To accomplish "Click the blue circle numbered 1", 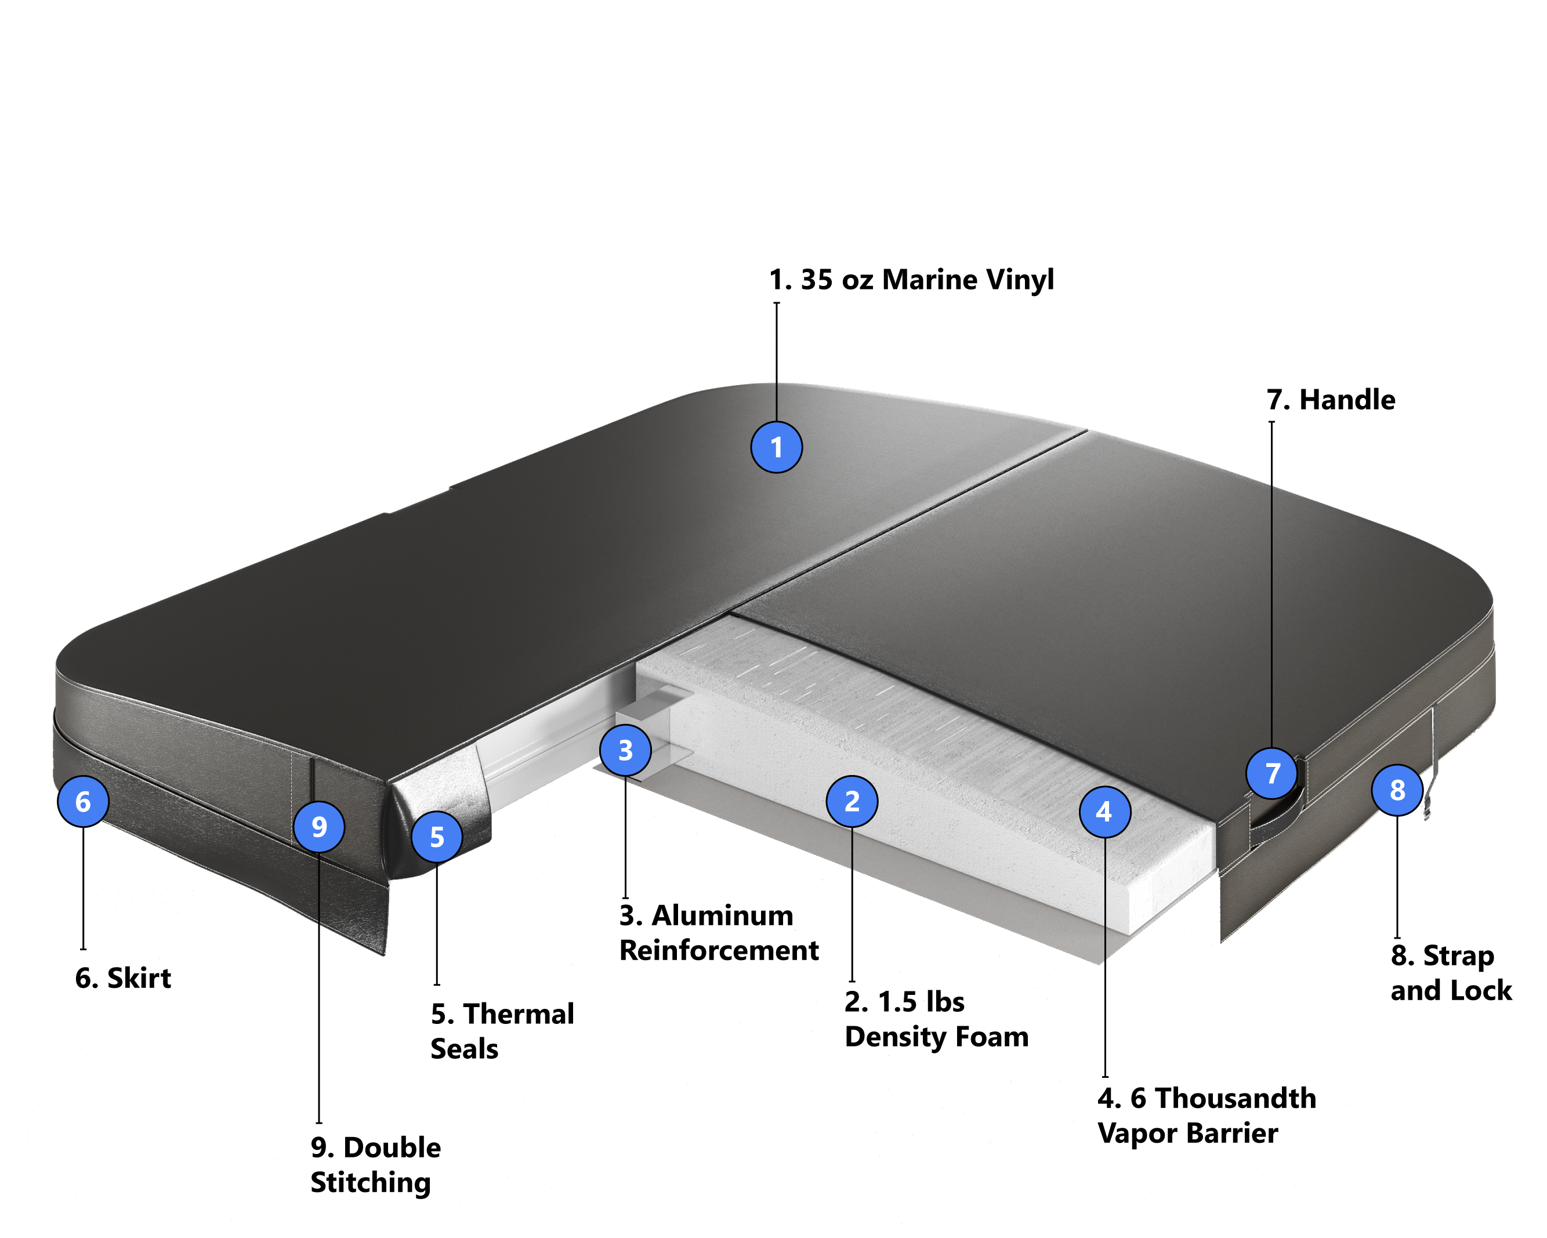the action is coord(776,447).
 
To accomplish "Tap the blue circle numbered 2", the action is coord(852,801).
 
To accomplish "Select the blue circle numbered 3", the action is coord(626,750).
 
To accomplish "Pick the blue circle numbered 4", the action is coord(1105,812).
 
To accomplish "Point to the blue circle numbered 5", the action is coord(437,837).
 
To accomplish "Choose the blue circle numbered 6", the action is coord(83,801).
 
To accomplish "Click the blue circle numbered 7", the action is coord(1272,773).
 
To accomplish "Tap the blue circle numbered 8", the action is coord(1397,790).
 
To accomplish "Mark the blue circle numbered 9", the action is coord(319,827).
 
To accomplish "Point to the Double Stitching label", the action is coord(375,1165).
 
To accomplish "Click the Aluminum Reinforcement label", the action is coord(719,933).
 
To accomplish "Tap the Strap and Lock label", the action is coord(1451,973).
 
